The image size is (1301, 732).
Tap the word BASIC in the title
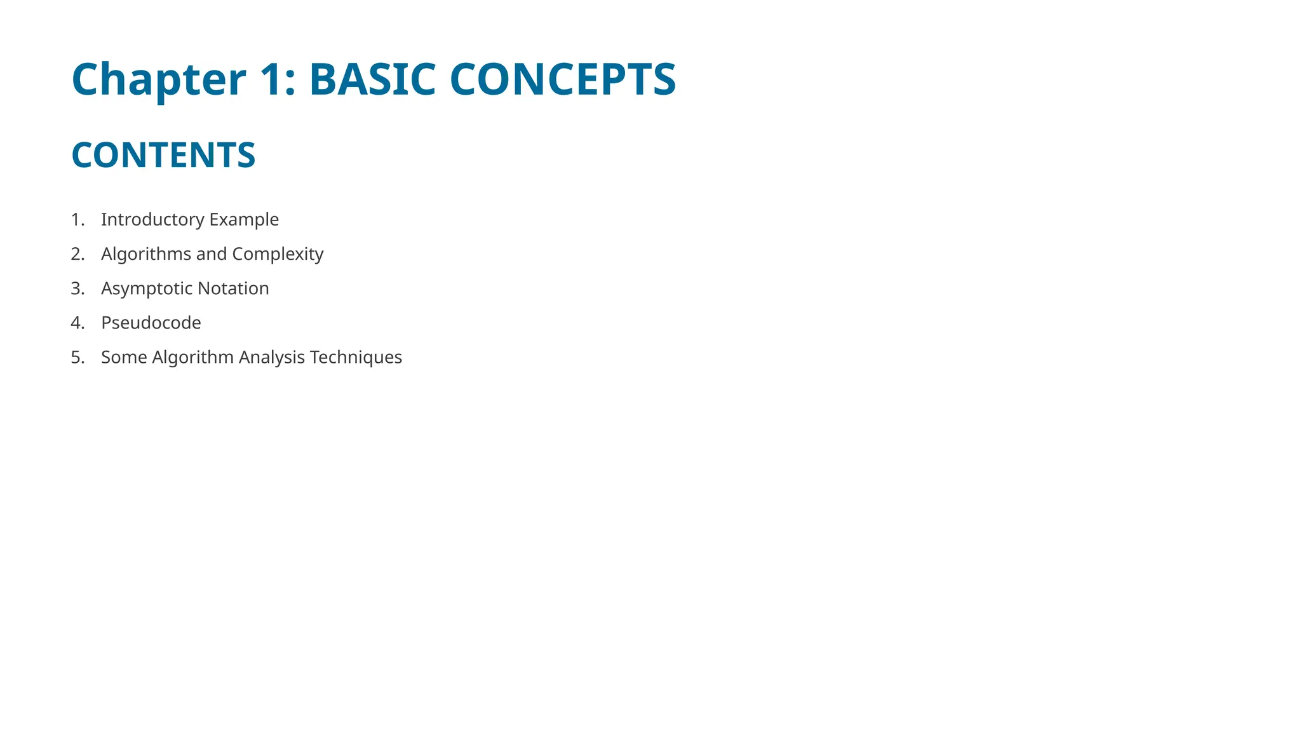coord(372,80)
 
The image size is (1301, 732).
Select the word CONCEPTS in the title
coord(562,80)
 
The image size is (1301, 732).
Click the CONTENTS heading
coord(163,155)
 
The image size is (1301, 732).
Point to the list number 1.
coord(77,219)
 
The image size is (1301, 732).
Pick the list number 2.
coord(77,254)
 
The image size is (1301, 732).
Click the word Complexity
coord(278,254)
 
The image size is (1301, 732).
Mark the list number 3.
coord(77,288)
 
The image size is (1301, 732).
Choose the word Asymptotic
coord(147,288)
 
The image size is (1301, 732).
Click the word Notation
coord(233,288)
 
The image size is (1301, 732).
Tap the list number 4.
coord(77,323)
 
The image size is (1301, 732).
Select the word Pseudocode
coord(151,323)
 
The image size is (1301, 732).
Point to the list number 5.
coord(77,357)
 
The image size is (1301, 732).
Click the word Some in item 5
coord(124,357)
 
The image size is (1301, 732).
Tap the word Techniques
coord(356,357)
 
